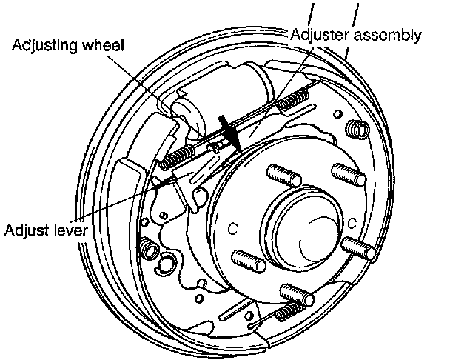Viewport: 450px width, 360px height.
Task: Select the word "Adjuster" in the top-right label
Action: (x=320, y=34)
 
